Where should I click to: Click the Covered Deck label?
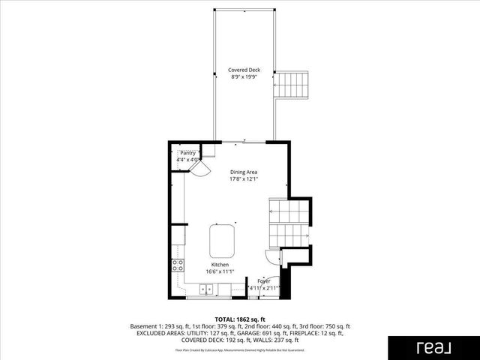tap(244, 70)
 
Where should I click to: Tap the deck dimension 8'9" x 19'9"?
tap(244, 76)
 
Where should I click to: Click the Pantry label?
tap(187, 152)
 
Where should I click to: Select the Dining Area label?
tap(244, 172)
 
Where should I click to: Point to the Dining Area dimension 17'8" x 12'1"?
tap(244, 178)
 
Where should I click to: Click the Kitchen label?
tap(220, 265)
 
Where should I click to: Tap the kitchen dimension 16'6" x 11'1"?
tap(220, 271)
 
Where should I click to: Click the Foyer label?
tap(264, 280)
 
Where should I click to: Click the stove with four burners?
tap(178, 265)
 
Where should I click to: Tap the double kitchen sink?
tap(205, 289)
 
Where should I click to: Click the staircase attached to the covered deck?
tap(292, 83)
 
